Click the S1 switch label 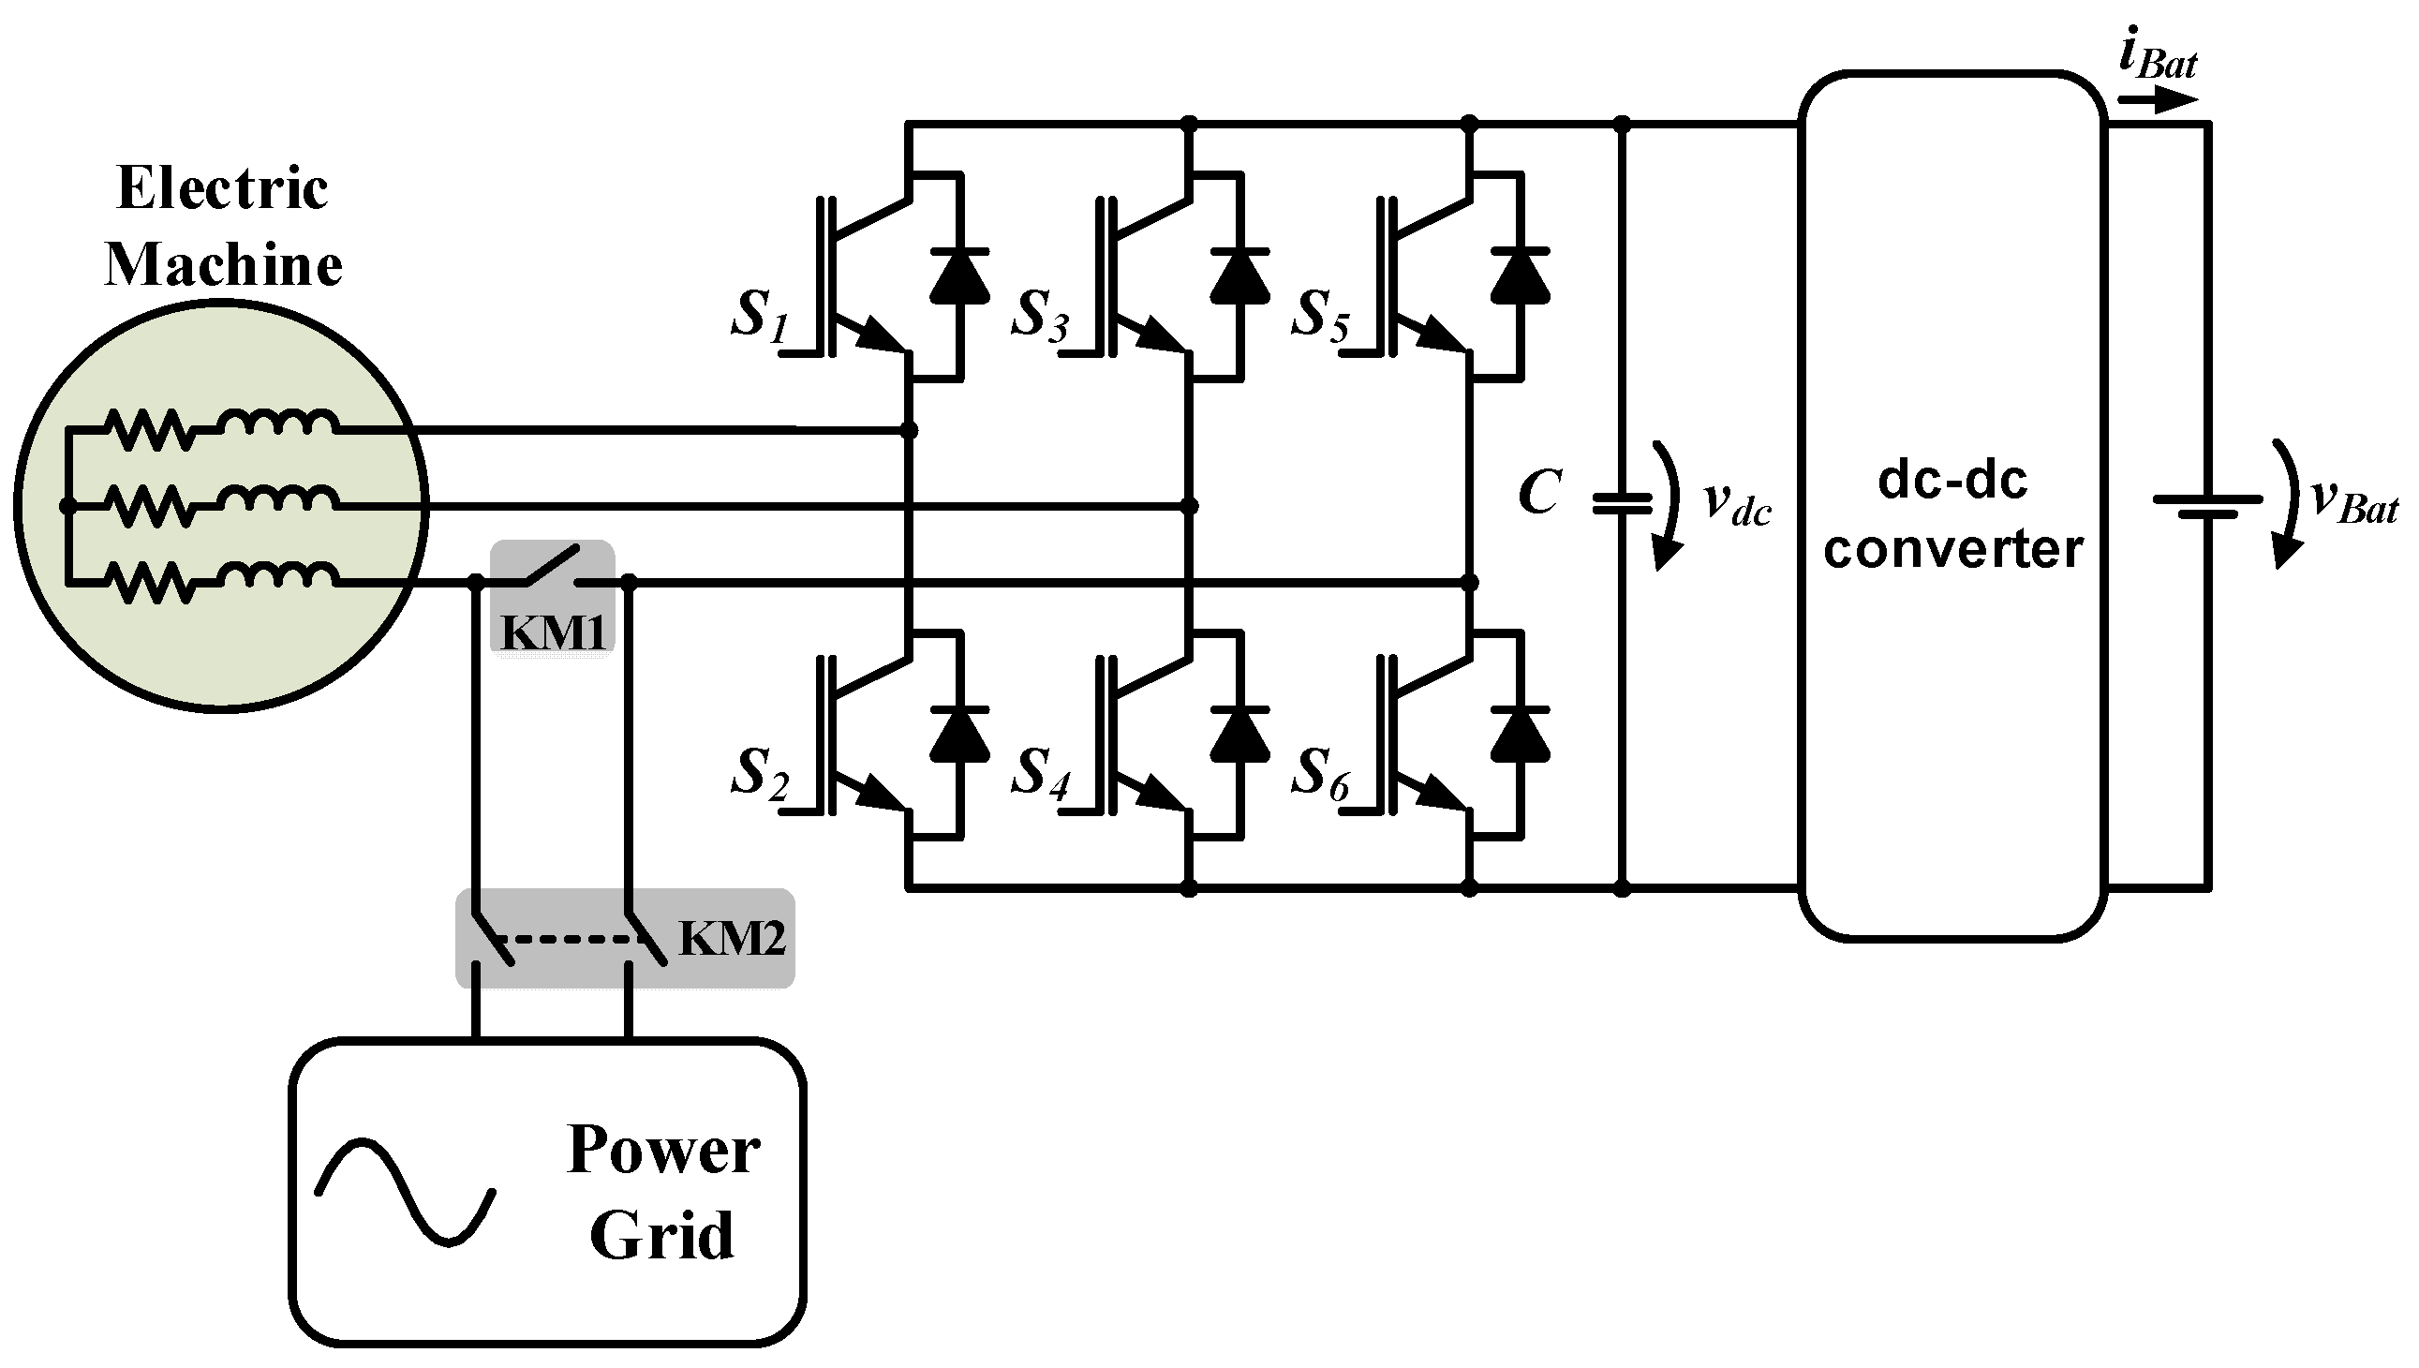pos(759,315)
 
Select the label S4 pos(1039,773)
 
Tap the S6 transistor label pos(1319,773)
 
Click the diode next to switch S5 pos(1519,276)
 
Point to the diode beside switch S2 pos(959,734)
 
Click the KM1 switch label pos(554,632)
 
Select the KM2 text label pos(731,938)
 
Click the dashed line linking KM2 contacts pos(569,939)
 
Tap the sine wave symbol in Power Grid pos(405,1192)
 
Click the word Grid pos(661,1235)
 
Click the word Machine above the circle pos(224,265)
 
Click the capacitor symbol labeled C pos(1622,504)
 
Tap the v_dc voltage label pos(1736,502)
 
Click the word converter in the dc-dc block pos(1953,548)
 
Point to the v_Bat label pos(2354,500)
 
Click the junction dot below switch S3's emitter pos(1188,506)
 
